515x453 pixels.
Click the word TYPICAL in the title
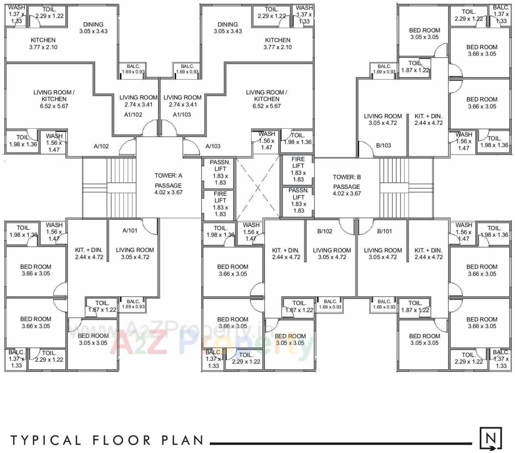[x=45, y=440]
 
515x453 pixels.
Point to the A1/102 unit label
[x=133, y=115]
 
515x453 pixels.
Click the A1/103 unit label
[x=182, y=115]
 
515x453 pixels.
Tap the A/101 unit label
[x=130, y=230]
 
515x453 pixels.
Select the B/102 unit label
[x=324, y=231]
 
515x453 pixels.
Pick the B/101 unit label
[x=384, y=231]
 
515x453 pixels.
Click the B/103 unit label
[x=384, y=145]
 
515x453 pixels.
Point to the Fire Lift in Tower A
[x=220, y=204]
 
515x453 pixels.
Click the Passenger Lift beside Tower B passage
[x=299, y=200]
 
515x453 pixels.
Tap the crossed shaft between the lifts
[x=258, y=188]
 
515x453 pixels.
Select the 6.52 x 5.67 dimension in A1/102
[x=54, y=106]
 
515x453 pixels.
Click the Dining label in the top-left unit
[x=93, y=25]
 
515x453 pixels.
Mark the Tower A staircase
[x=121, y=188]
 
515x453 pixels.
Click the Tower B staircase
[x=393, y=188]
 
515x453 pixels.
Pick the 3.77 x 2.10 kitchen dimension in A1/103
[x=278, y=47]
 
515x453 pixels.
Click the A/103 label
[x=213, y=146]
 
